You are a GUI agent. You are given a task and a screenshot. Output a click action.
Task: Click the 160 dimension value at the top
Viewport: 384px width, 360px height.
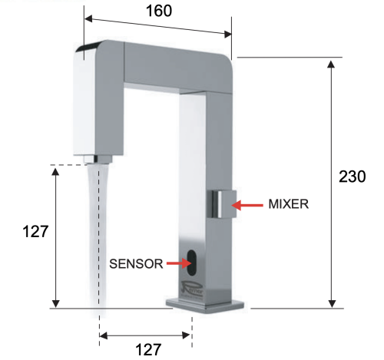157,10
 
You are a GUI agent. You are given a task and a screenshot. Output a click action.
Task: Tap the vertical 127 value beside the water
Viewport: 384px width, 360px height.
35,232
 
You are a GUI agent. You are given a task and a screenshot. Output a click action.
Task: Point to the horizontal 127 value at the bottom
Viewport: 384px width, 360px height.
147,349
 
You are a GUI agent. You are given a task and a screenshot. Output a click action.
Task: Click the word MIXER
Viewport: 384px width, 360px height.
289,205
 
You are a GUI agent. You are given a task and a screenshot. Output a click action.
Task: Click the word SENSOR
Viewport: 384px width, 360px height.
135,263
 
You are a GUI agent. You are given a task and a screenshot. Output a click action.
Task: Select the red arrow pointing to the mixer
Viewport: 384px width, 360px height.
247,205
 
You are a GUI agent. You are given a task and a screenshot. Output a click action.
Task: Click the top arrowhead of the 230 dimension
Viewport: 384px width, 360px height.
331,62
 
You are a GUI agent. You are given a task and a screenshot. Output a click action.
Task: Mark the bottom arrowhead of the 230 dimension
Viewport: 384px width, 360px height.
331,303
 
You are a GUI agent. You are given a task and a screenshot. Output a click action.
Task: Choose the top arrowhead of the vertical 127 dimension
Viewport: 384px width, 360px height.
56,169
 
